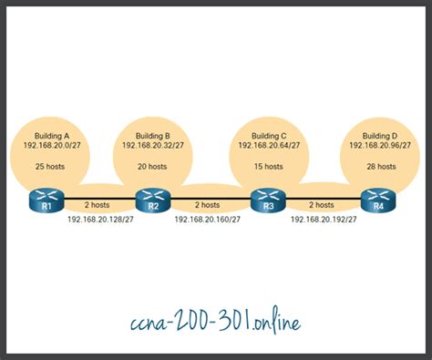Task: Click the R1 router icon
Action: point(42,199)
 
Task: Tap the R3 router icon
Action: point(266,199)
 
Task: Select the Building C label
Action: point(266,134)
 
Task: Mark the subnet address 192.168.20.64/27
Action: point(266,144)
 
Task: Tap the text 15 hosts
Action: point(266,168)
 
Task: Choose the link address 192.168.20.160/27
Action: point(208,220)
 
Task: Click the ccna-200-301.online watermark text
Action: point(215,322)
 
